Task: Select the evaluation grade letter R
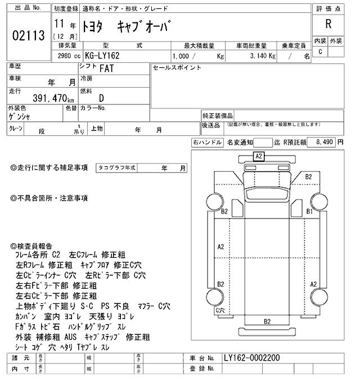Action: coord(328,24)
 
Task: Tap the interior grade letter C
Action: coord(320,52)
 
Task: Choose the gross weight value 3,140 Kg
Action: coord(260,57)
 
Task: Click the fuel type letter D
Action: coord(101,98)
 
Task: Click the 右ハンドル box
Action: coord(207,143)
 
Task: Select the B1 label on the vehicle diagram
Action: coord(308,211)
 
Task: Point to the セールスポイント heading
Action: coord(177,68)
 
